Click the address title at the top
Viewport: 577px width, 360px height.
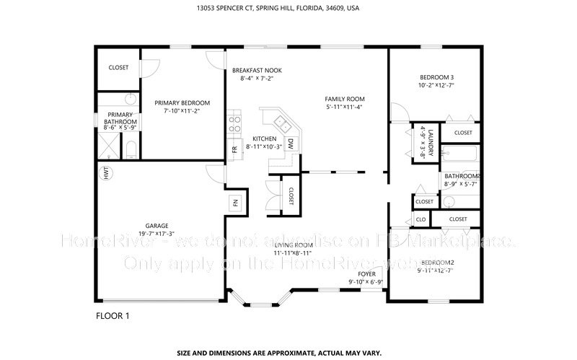tap(288, 9)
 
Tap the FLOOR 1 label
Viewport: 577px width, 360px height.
tap(114, 315)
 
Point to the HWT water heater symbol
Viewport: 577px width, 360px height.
tap(105, 173)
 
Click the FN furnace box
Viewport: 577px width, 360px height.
tap(235, 204)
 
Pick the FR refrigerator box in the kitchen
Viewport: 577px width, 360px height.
tap(234, 149)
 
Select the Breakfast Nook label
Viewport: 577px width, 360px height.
tap(257, 70)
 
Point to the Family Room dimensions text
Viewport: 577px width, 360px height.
tap(343, 107)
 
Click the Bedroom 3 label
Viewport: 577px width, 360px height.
tap(436, 77)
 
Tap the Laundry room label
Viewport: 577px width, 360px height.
tap(429, 141)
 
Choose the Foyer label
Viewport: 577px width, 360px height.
tap(366, 274)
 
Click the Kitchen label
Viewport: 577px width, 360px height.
tap(264, 139)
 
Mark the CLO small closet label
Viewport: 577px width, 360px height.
tap(421, 219)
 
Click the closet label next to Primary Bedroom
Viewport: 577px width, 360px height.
tap(118, 67)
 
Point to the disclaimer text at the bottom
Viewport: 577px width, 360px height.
tap(288, 354)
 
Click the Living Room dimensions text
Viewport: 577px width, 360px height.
tap(292, 253)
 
